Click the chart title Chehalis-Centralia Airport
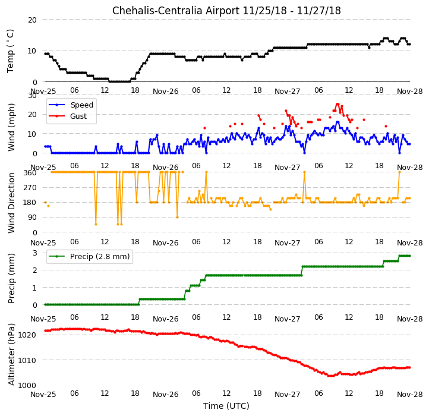pos(176,11)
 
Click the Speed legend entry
pos(71,105)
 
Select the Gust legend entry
pos(68,116)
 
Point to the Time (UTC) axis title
pos(226,406)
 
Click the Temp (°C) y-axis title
pos(10,51)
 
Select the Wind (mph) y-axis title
pos(11,127)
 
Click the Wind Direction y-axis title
pos(11,203)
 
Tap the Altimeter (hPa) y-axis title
pos(11,354)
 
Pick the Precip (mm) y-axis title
pos(11,278)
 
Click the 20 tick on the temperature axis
pos(32,20)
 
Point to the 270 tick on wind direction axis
pos(30,188)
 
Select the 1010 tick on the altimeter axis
pos(27,361)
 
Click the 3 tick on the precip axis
pos(35,253)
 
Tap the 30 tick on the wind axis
pos(32,96)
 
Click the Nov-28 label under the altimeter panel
pos(410,395)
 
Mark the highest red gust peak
pos(337,104)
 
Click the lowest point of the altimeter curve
pos(331,376)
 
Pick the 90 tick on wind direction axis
pos(32,218)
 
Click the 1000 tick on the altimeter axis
pos(27,385)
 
